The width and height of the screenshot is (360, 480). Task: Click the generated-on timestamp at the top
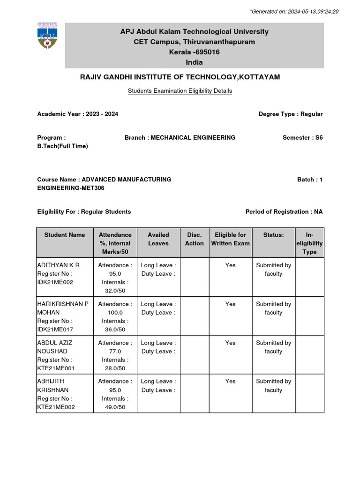[x=301, y=11]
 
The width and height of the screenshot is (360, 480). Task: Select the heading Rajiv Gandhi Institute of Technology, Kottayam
[x=180, y=77]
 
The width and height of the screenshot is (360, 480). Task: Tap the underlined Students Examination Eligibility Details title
[x=180, y=91]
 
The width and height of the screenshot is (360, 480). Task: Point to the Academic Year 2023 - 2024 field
[x=81, y=114]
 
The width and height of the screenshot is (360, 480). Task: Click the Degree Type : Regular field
[x=291, y=114]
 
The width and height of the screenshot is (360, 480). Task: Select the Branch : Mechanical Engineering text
[x=180, y=137]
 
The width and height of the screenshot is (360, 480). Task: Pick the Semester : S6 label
[x=302, y=137]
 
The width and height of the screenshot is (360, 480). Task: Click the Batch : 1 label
[x=310, y=179]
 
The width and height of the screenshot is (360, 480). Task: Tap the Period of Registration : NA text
[x=284, y=211]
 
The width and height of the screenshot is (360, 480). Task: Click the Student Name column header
[x=65, y=235]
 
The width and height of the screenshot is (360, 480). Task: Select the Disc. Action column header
[x=194, y=239]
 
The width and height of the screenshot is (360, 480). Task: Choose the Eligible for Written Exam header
[x=230, y=239]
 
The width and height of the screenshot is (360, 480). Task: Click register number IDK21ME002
[x=55, y=282]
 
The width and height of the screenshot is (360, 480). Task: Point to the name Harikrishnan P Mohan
[x=62, y=308]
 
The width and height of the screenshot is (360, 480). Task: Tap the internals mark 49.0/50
[x=115, y=407]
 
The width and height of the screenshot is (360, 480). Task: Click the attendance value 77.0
[x=115, y=351]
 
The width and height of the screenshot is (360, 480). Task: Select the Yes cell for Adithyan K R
[x=230, y=265]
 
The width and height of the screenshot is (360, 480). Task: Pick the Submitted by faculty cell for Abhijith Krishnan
[x=273, y=385]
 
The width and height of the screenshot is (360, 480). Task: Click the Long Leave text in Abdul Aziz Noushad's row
[x=158, y=343]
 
